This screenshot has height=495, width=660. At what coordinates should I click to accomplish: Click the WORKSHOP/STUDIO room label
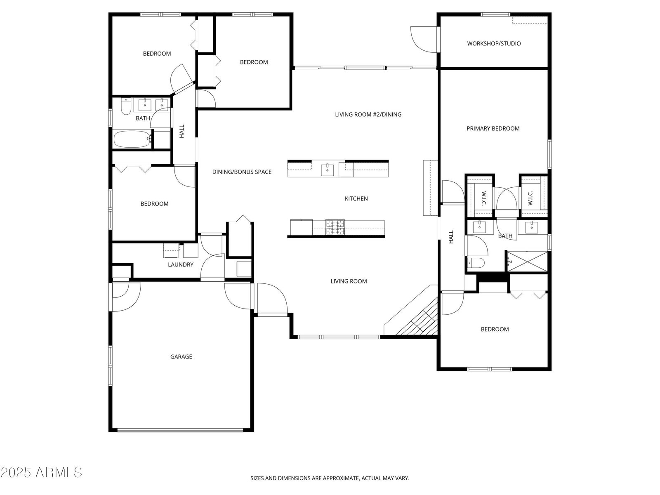[494, 44]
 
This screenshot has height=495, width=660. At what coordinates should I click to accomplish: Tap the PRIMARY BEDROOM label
[493, 129]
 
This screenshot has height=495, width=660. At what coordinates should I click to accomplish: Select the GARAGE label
[181, 357]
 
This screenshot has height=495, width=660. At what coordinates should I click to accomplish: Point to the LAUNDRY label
[180, 265]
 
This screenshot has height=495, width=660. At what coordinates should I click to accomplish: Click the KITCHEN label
[356, 199]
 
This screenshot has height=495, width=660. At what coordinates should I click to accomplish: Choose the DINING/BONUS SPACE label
[242, 172]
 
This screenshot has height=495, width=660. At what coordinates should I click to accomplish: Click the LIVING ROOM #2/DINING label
[368, 115]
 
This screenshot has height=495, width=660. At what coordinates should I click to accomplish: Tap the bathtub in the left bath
[132, 139]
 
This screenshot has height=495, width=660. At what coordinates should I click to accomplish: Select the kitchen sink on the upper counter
[327, 170]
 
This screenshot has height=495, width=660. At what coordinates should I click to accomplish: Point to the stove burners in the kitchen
[335, 227]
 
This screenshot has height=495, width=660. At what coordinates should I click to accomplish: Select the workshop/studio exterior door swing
[424, 40]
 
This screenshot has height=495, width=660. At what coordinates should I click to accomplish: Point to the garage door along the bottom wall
[180, 430]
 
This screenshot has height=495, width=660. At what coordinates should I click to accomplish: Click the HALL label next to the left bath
[182, 131]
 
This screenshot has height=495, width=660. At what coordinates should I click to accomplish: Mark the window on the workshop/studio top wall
[495, 14]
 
